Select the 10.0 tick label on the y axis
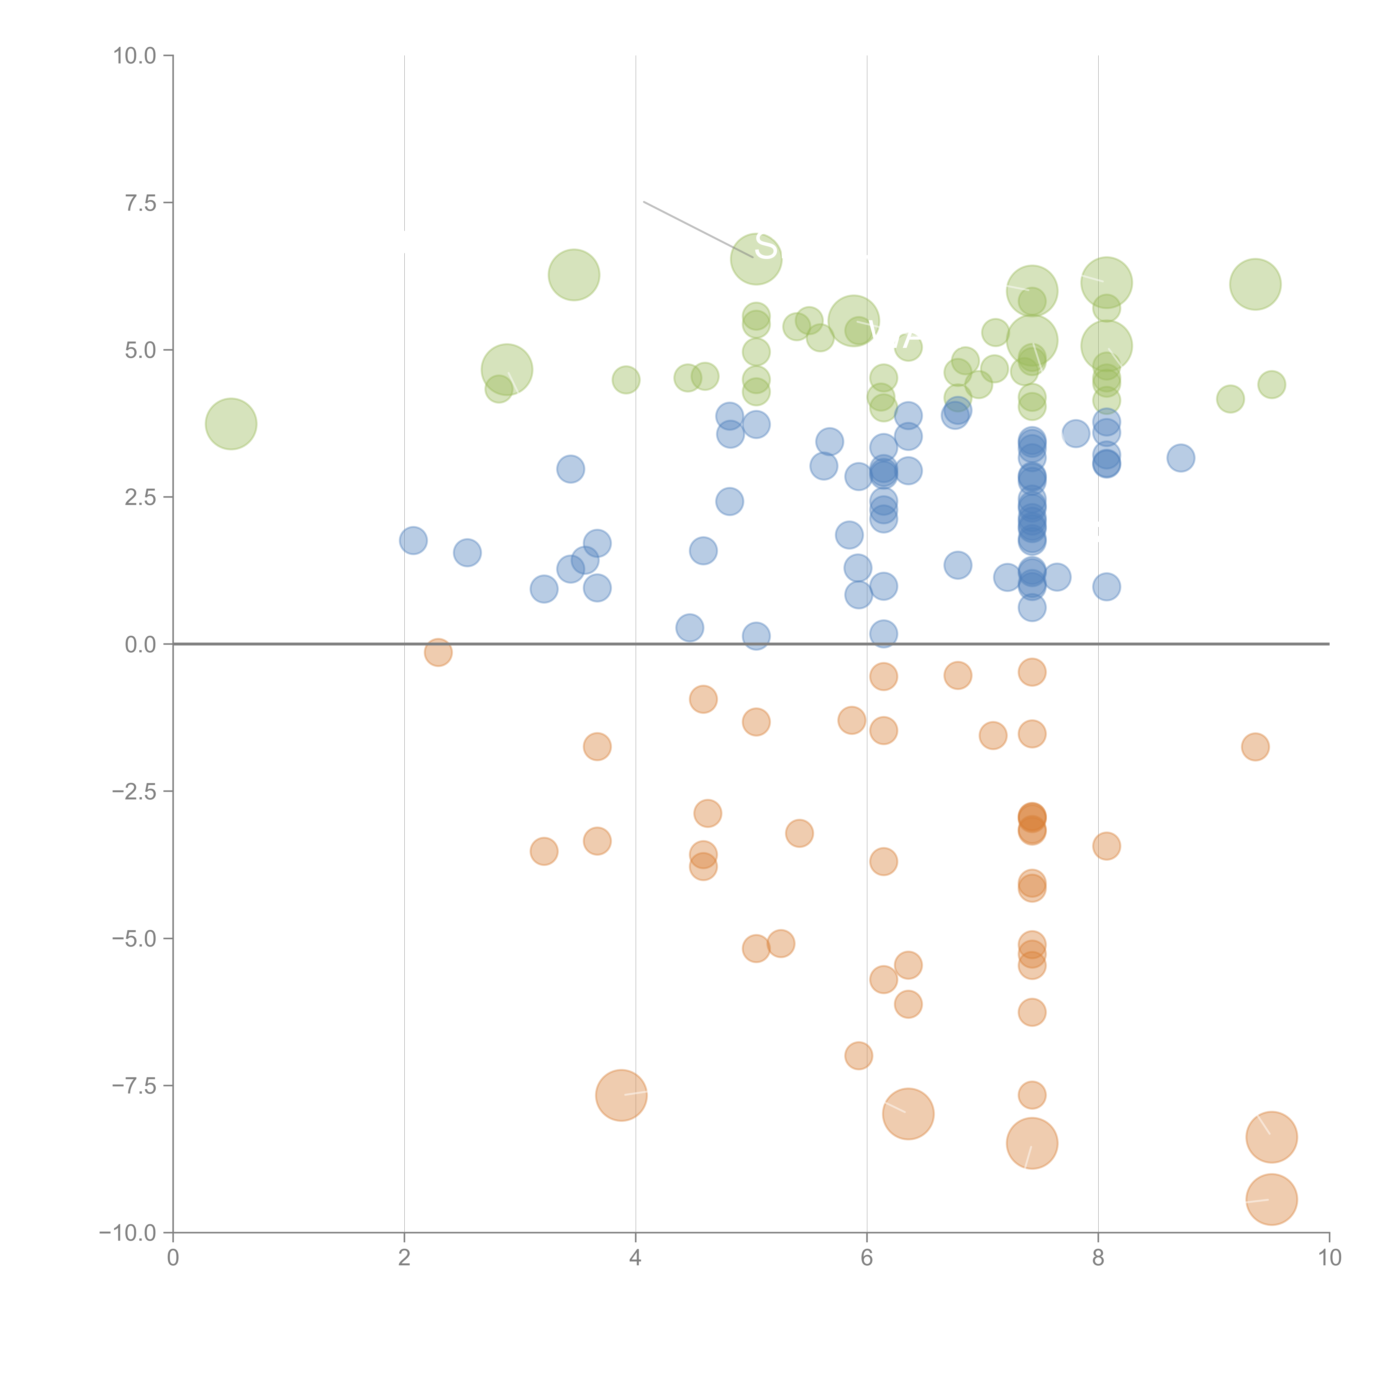click(135, 56)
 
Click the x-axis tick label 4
click(635, 1258)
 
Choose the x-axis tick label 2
click(404, 1258)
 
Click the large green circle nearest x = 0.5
click(231, 424)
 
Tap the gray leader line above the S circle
click(695, 228)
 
